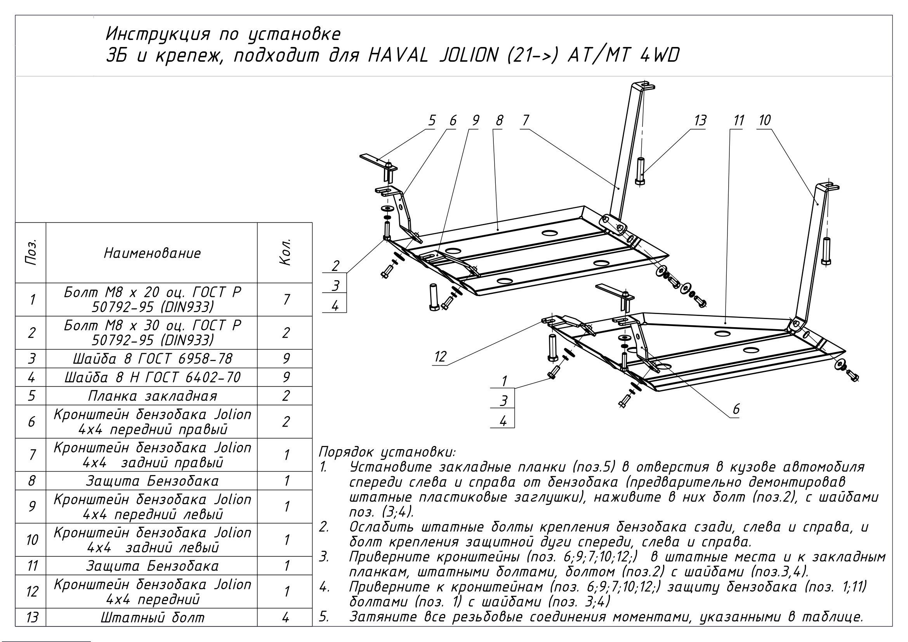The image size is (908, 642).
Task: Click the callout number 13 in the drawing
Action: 700,120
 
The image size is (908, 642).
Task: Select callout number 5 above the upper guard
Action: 432,120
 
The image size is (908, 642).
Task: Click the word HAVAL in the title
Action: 398,56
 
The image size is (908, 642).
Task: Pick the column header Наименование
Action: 152,253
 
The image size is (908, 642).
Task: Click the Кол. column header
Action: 285,252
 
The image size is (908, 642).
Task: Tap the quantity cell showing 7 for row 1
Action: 286,300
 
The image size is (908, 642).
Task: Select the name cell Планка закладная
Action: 152,396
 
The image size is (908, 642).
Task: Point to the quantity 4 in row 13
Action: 286,618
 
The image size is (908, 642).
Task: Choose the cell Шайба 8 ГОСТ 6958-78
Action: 152,359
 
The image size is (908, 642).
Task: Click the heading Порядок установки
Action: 387,452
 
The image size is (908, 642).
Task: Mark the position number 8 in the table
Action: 31,481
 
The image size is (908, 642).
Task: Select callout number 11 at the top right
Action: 738,120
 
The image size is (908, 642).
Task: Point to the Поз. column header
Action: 31,252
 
